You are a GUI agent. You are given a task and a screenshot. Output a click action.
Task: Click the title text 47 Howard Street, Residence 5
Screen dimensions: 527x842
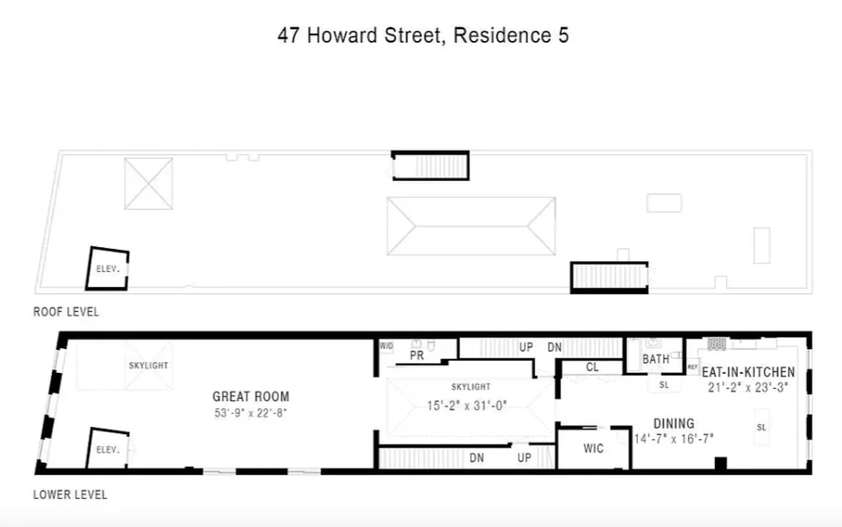click(423, 36)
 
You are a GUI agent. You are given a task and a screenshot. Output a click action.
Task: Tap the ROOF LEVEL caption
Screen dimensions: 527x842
click(66, 312)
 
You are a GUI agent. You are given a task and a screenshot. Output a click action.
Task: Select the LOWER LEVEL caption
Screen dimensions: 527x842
click(70, 494)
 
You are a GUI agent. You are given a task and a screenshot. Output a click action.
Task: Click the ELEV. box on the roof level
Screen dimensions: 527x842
click(107, 269)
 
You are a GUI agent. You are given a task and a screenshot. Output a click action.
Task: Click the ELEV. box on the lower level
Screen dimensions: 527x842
click(107, 450)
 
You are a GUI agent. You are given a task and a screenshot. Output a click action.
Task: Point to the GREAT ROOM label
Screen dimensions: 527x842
click(251, 397)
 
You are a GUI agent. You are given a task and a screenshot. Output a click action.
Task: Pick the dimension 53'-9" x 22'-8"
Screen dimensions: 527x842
click(251, 413)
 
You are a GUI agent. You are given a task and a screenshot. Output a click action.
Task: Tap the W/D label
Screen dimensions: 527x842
click(385, 345)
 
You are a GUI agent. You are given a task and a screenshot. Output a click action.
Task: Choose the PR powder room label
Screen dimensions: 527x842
click(417, 356)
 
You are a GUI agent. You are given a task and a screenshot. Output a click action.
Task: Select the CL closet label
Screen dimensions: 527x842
click(592, 368)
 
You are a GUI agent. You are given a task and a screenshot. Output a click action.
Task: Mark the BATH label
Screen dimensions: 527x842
click(656, 359)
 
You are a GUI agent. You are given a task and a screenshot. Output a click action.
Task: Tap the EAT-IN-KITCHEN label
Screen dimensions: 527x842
click(748, 372)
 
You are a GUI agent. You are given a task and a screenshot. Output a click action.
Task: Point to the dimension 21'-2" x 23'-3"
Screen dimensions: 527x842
click(748, 387)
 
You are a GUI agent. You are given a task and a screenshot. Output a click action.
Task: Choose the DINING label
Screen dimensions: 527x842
click(673, 424)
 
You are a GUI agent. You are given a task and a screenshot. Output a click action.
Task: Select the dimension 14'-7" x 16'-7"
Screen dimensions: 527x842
click(673, 437)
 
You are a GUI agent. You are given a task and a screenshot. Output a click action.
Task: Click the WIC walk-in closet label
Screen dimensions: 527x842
click(593, 449)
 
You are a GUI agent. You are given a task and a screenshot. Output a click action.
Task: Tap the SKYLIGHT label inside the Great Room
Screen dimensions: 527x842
click(148, 365)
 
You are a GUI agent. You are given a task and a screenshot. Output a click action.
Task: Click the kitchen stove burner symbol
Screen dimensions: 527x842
click(716, 344)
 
